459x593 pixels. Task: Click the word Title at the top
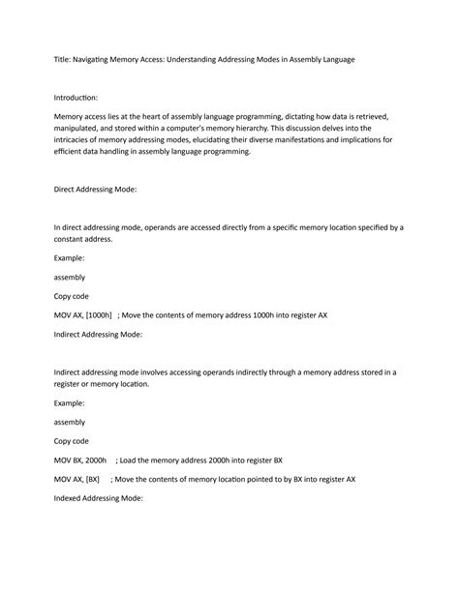coord(62,60)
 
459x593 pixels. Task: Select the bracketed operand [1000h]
coord(100,314)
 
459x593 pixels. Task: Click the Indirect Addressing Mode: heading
coord(99,334)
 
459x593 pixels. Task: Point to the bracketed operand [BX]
coord(93,479)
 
